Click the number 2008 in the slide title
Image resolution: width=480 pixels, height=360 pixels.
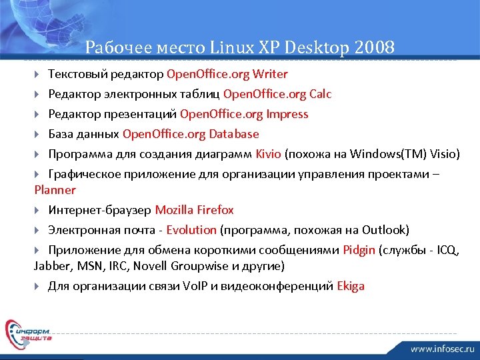(375, 47)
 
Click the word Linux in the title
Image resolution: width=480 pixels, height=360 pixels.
(232, 47)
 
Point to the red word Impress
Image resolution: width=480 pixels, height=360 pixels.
(287, 114)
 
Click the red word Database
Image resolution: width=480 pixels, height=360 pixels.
(234, 134)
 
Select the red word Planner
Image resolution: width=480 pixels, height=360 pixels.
(55, 190)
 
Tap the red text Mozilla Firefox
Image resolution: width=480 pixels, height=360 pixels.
(194, 210)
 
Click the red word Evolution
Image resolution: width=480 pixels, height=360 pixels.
(191, 230)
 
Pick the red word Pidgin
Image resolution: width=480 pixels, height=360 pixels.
(359, 250)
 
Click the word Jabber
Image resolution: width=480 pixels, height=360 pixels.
(49, 266)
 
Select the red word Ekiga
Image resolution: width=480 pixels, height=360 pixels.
(351, 286)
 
